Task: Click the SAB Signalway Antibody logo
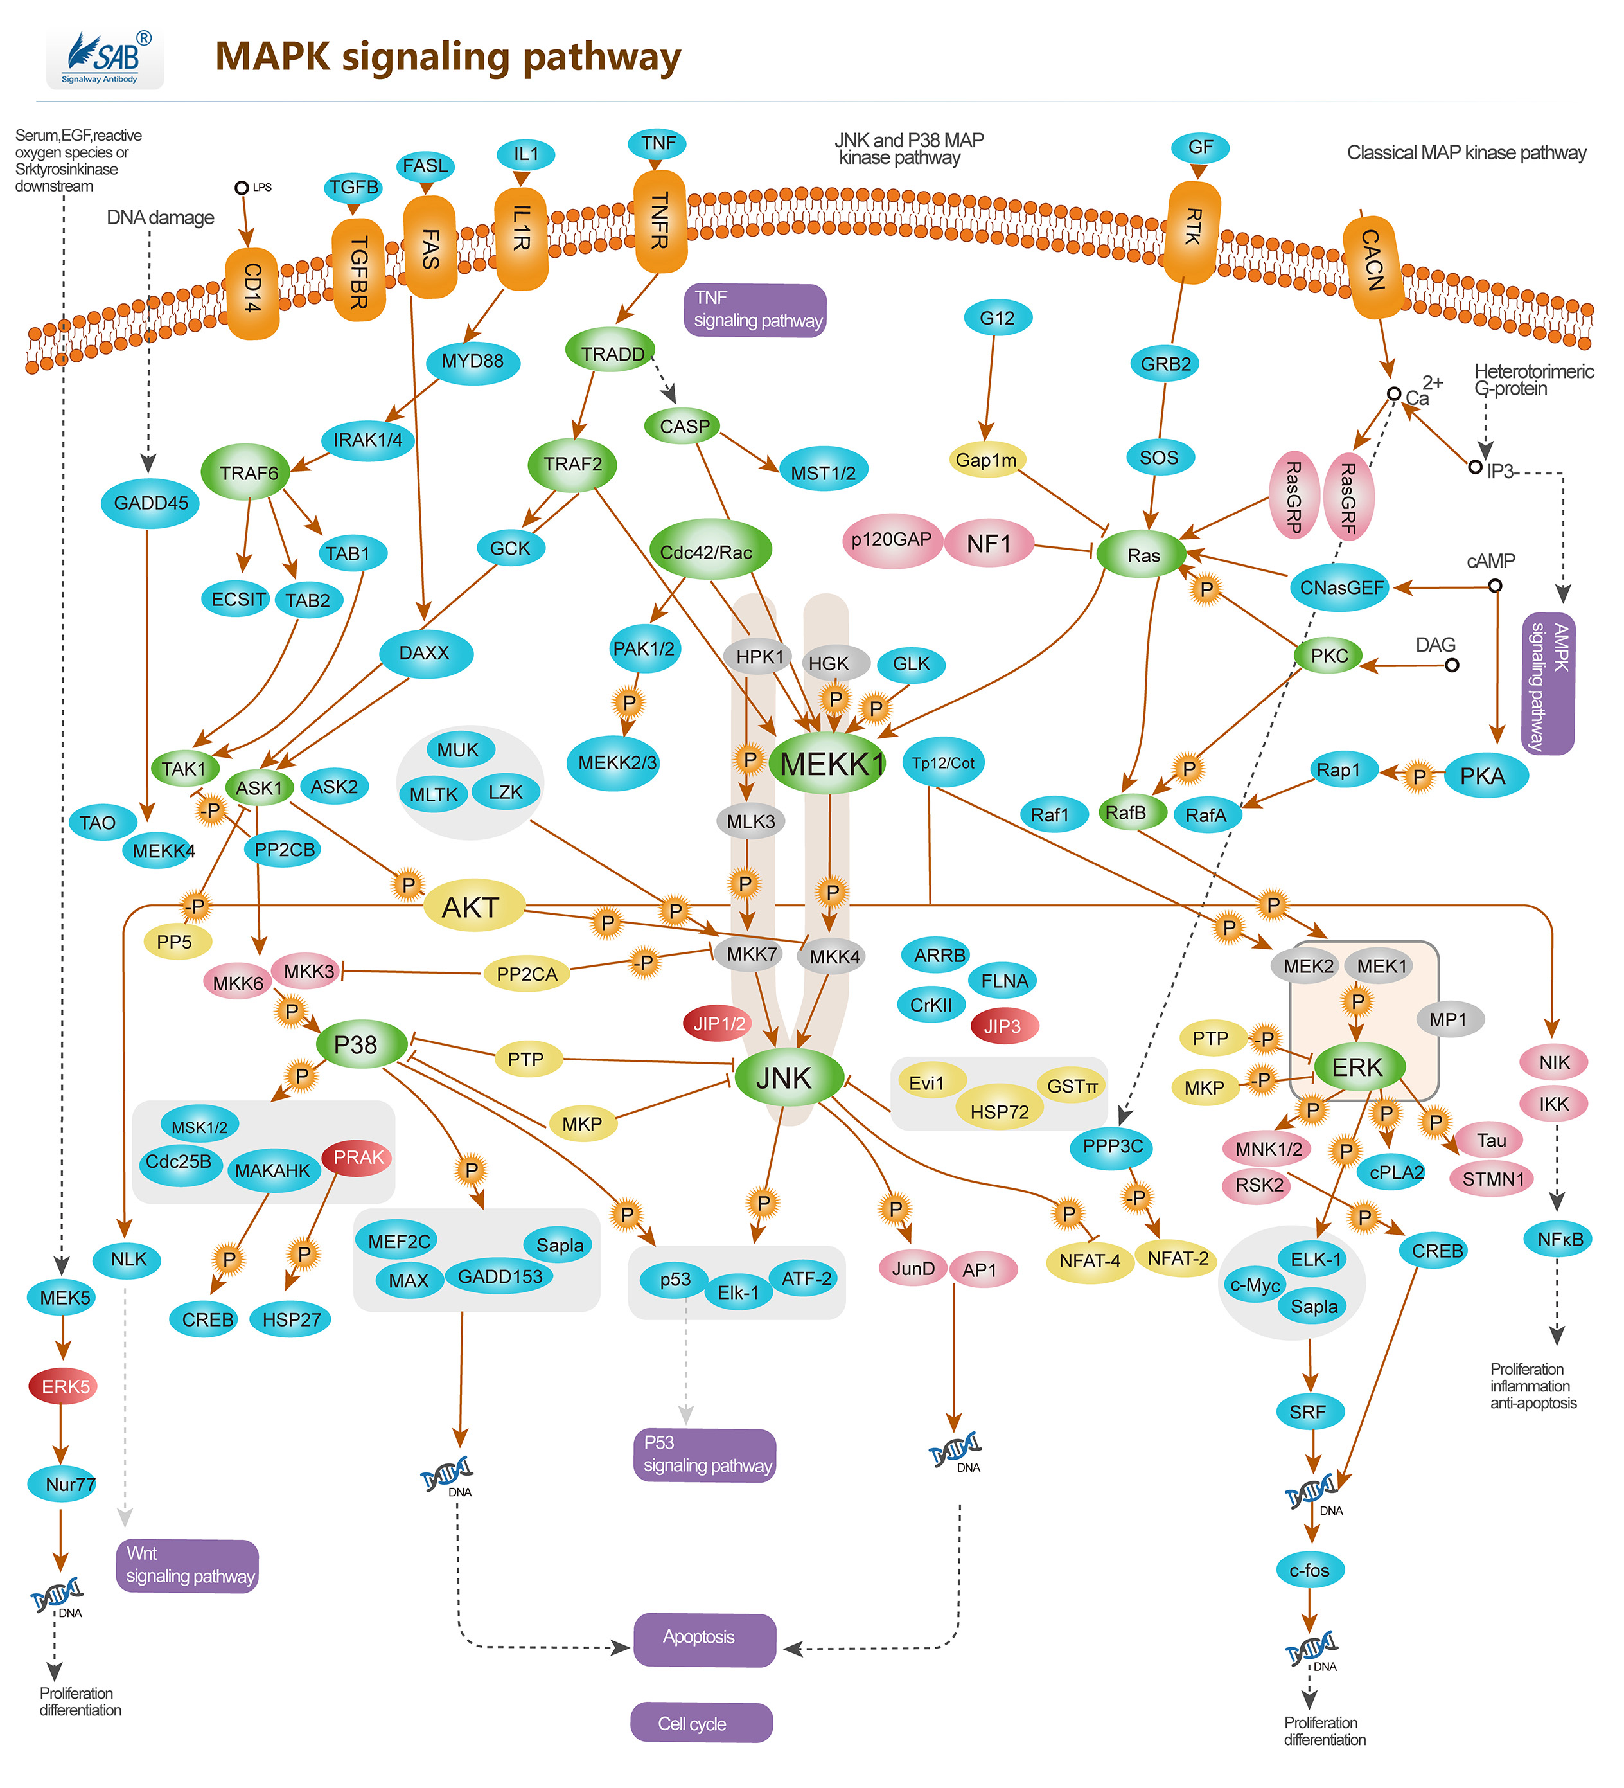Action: (105, 58)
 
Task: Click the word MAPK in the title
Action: (272, 57)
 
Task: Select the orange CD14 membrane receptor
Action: (252, 292)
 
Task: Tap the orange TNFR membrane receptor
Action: (660, 222)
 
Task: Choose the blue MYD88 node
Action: (472, 362)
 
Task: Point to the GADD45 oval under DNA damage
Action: (151, 503)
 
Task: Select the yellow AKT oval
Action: (472, 906)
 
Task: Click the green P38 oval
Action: (357, 1045)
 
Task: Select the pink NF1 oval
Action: (989, 543)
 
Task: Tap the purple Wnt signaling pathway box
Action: (187, 1566)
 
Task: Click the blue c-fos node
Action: (1309, 1570)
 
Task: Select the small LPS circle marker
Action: (241, 188)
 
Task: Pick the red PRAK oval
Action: (358, 1158)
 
